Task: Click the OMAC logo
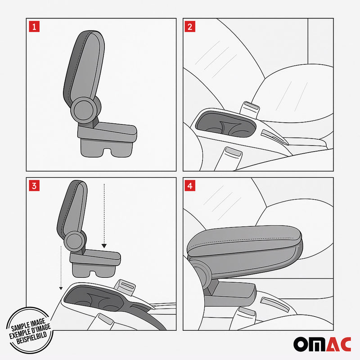(x=322, y=344)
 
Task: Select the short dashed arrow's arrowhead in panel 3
(x=104, y=246)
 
